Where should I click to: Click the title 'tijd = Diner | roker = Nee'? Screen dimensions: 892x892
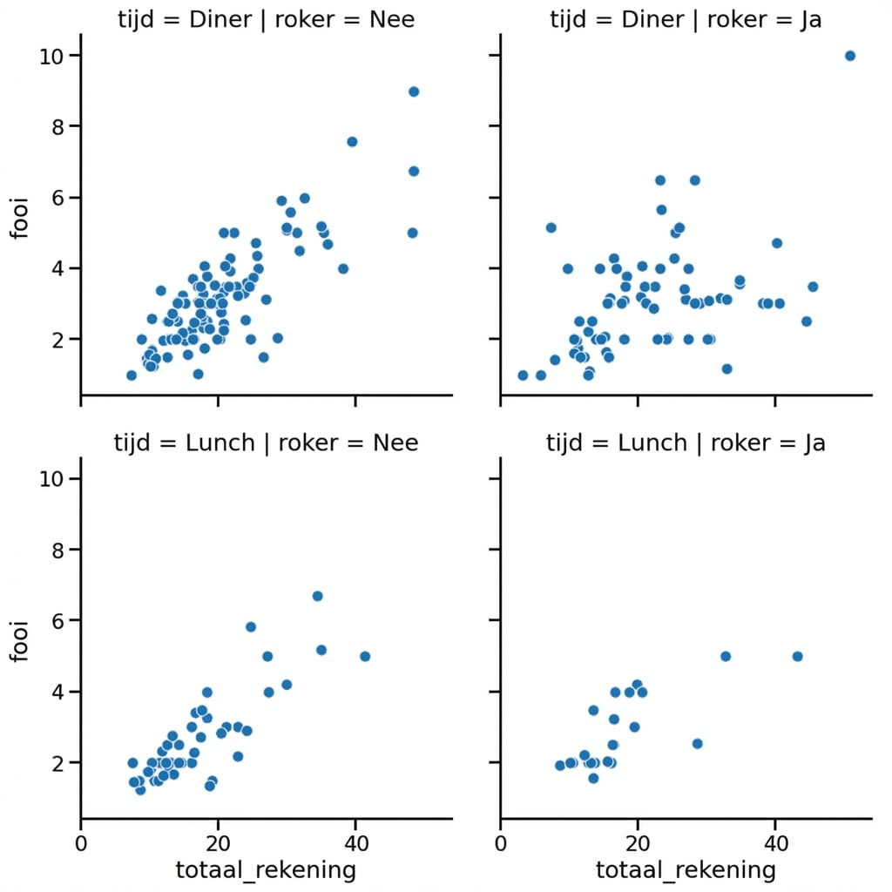coord(266,20)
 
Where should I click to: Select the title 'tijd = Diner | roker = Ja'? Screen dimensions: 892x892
coord(686,20)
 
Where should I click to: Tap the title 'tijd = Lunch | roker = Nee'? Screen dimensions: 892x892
coord(266,443)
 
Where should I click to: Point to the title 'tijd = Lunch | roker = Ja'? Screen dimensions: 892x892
coord(686,443)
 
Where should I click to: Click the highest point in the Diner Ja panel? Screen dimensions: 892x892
coord(850,56)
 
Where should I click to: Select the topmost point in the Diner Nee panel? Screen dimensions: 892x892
coord(414,91)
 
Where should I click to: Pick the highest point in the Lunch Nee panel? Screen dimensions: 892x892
coord(318,596)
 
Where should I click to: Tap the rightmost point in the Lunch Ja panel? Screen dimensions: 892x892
coord(797,656)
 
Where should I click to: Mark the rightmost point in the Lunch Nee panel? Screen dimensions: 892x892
coord(365,656)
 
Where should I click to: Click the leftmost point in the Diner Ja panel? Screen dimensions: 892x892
coord(523,375)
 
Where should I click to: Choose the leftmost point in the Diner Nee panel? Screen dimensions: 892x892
coord(132,375)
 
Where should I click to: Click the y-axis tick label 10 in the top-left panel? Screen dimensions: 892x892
coord(51,56)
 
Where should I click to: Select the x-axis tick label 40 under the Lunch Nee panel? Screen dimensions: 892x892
coord(355,842)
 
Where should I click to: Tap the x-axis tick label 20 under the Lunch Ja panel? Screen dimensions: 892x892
coord(638,842)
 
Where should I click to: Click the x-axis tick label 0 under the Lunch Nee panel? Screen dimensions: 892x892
coord(81,842)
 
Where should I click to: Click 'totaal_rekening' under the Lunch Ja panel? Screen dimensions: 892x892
coord(686,869)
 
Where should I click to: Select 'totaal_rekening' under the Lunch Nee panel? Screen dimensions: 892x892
coord(266,869)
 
